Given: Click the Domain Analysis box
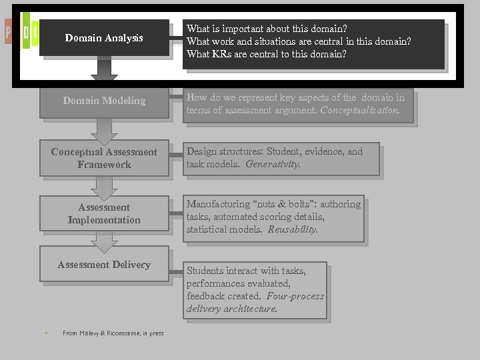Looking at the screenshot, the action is click(104, 38).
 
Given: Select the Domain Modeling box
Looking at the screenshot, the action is click(104, 101).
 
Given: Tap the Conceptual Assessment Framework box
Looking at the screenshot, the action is click(104, 158).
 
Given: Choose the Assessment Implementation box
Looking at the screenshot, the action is click(104, 213).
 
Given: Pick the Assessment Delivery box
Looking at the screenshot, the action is click(104, 265).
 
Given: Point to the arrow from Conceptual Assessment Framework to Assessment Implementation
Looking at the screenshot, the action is click(104, 186).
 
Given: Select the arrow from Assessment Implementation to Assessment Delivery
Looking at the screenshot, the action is click(104, 241).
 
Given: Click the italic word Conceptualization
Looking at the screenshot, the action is click(359, 110).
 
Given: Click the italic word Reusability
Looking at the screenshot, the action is click(293, 229).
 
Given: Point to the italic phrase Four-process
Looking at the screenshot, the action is click(295, 296).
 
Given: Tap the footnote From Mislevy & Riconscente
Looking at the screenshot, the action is click(113, 333).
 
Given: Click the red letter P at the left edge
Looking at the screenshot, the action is click(7, 31).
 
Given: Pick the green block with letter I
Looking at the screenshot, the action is click(25, 32).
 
